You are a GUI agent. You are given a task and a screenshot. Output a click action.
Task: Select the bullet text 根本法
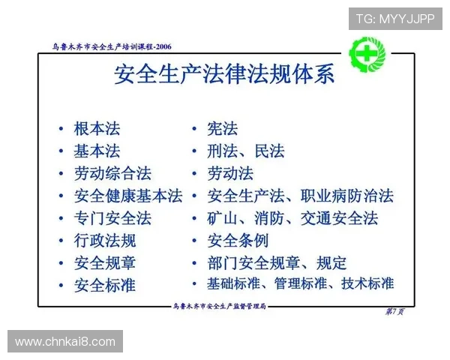(97, 128)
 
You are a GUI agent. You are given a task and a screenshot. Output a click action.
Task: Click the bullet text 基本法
(97, 151)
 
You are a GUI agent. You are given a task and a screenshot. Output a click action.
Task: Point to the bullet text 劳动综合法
(112, 173)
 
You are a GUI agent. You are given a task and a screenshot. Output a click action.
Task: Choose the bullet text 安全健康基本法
(128, 196)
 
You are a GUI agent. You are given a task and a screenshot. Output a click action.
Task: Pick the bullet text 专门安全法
(112, 218)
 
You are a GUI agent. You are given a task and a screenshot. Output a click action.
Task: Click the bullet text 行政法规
(105, 241)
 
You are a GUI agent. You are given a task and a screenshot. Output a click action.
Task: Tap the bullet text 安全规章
(105, 262)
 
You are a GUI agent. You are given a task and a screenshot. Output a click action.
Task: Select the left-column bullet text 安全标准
(105, 285)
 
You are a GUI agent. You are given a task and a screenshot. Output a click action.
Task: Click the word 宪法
(223, 129)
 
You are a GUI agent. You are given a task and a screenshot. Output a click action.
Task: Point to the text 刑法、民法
(246, 151)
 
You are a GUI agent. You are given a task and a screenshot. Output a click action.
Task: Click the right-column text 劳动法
(230, 173)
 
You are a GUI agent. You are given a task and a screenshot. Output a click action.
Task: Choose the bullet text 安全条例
(238, 241)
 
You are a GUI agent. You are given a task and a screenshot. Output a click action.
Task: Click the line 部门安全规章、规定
(277, 262)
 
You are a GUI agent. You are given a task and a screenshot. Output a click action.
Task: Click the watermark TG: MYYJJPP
(395, 18)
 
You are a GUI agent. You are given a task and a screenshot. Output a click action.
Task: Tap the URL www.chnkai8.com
(65, 342)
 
